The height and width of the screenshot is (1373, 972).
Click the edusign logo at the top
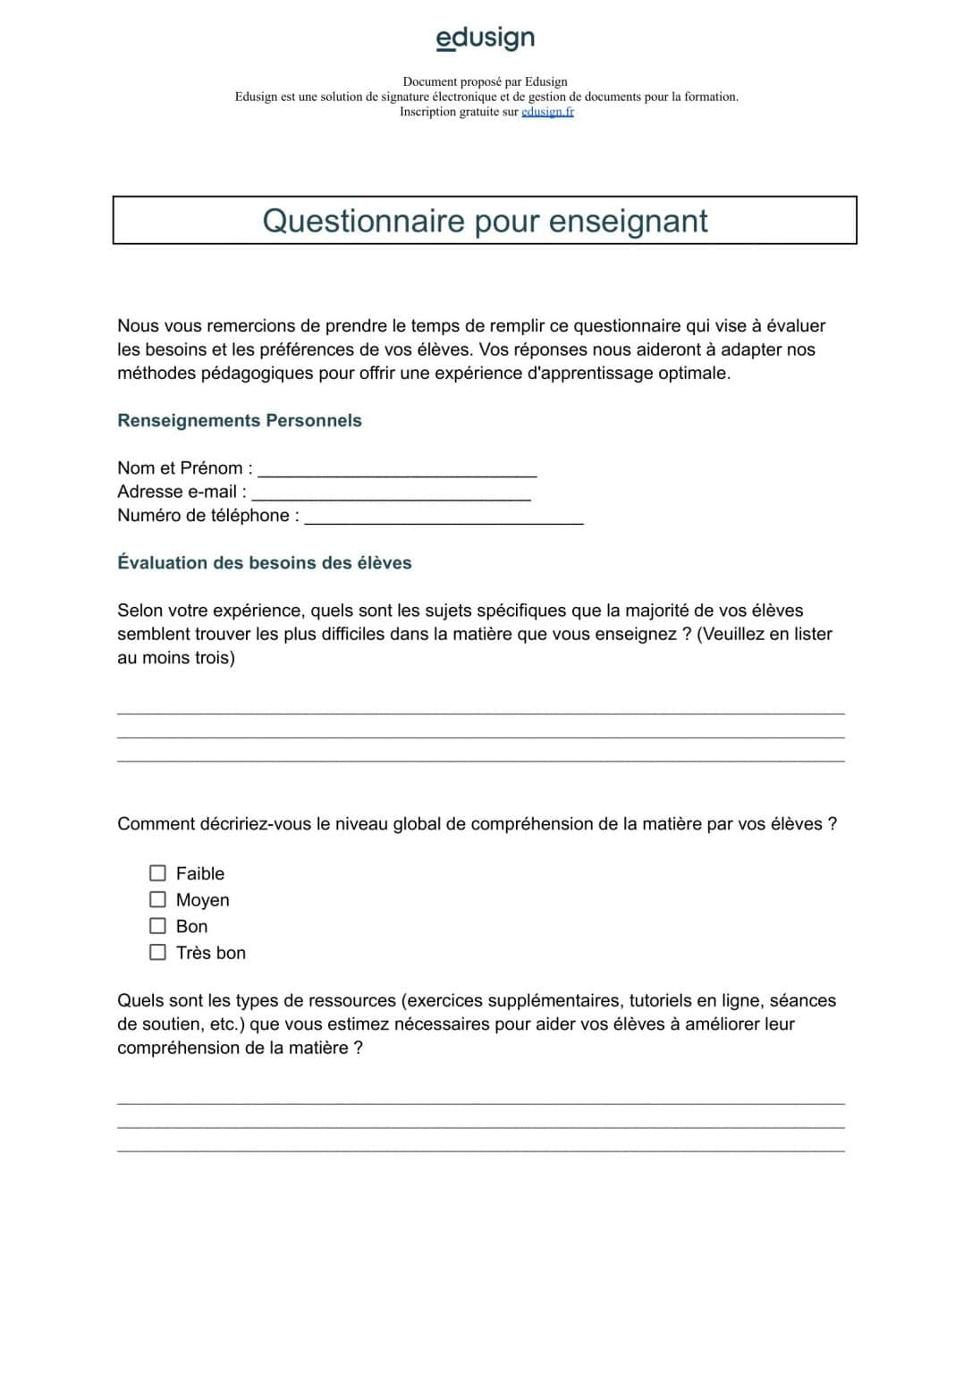coord(485,38)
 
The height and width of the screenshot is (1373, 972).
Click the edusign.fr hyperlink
coord(547,112)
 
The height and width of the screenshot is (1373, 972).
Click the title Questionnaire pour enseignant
coord(485,221)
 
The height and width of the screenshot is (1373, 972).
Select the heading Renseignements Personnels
coord(240,421)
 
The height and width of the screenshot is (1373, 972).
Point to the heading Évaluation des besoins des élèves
coord(265,563)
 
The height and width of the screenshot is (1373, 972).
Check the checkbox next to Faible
coord(158,873)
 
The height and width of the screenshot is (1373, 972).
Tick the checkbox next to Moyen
coord(158,899)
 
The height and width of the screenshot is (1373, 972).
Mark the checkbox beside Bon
coord(158,926)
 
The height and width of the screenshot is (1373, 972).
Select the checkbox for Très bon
coord(158,952)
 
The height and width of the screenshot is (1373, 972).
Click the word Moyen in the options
coord(203,900)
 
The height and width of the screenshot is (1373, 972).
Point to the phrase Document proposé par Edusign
coord(485,81)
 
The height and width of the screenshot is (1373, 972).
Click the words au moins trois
coord(176,658)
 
